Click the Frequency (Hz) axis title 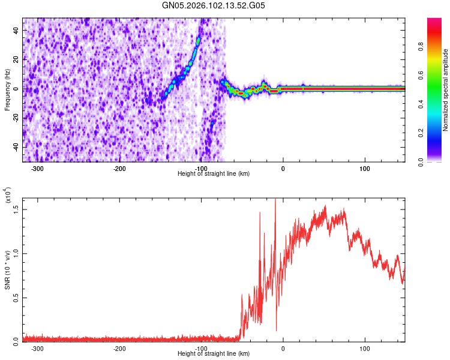point(7,90)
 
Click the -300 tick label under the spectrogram point(37,168)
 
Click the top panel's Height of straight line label point(214,173)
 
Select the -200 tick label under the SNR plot point(119,348)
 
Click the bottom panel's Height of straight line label point(214,353)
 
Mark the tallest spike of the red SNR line point(275,200)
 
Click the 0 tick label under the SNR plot point(283,348)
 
